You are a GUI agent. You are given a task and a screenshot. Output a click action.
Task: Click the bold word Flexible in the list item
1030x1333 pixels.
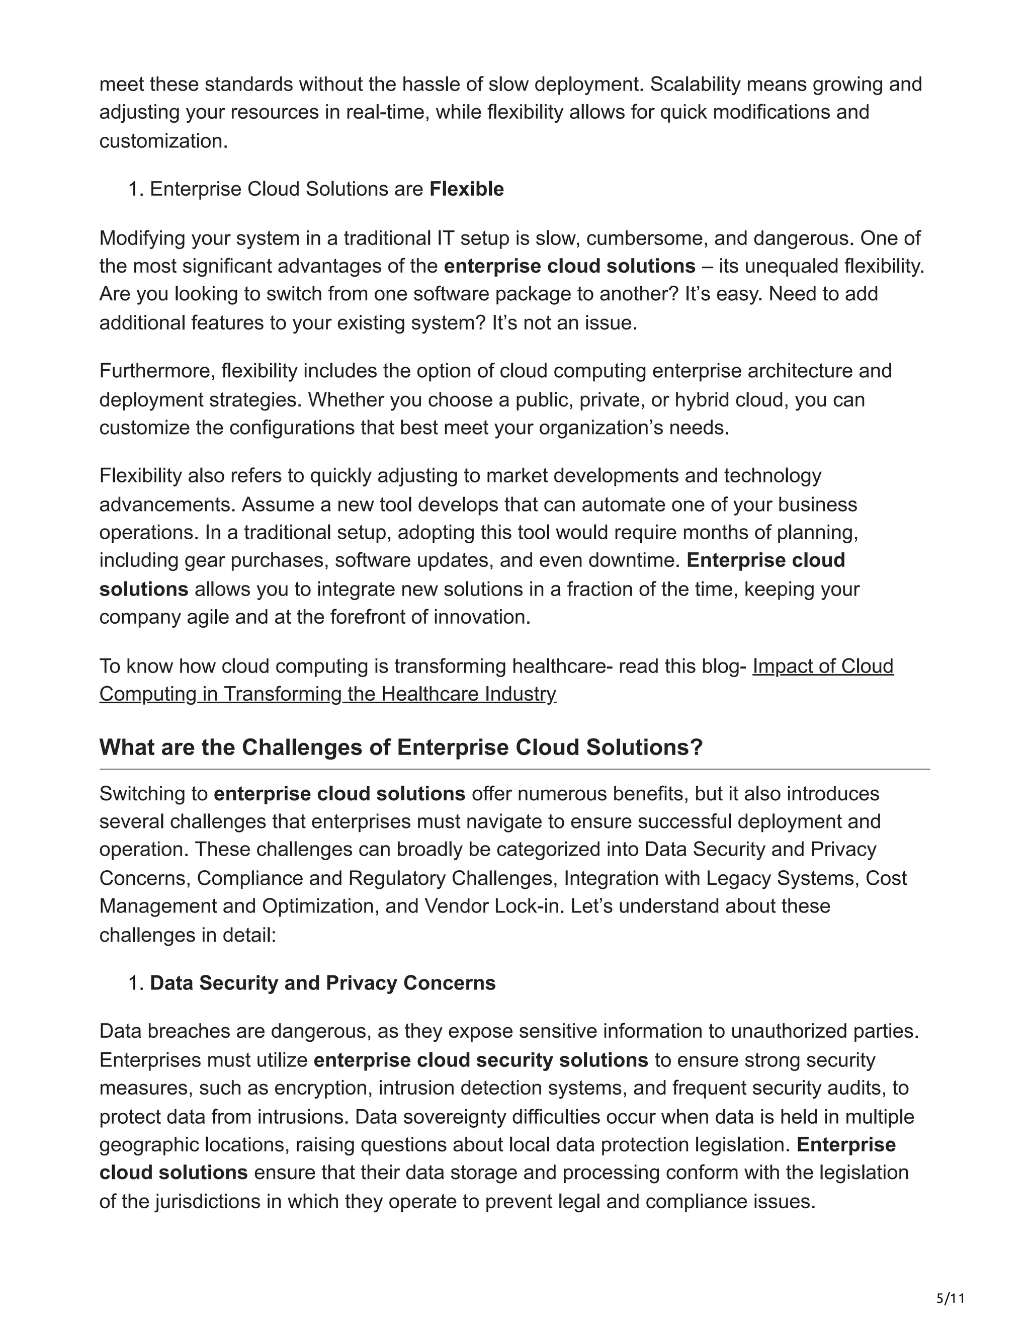[466, 189]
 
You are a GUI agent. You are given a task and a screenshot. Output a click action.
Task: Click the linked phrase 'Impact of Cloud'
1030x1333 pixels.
[822, 666]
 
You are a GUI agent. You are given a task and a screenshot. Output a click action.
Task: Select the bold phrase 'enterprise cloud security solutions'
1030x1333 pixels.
[480, 1060]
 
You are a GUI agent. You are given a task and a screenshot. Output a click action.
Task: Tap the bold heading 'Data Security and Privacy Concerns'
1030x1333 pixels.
[322, 983]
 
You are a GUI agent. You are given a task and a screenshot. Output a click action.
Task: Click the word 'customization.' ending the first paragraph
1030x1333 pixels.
[163, 141]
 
